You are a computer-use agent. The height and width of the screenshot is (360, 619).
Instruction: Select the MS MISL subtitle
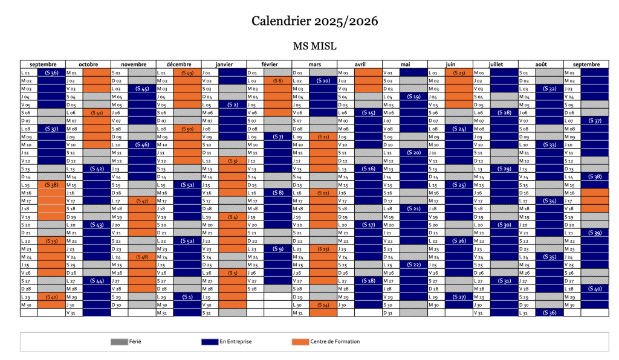click(314, 47)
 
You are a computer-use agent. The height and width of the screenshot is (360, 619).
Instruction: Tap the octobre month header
click(88, 64)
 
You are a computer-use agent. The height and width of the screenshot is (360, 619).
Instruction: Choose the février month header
click(269, 64)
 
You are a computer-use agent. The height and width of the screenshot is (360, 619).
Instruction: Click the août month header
click(541, 64)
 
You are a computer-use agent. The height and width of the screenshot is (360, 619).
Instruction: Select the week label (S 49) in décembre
click(187, 72)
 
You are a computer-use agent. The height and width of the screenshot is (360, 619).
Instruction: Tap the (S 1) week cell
click(187, 297)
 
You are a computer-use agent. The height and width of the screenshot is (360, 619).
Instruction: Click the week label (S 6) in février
click(278, 80)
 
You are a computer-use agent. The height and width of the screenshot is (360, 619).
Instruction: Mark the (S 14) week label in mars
click(323, 305)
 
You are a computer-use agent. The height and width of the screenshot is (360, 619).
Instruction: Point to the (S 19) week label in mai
click(414, 97)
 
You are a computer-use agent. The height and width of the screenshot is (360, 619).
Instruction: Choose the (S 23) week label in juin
click(459, 72)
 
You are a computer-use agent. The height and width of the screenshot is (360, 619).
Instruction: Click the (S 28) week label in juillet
click(504, 112)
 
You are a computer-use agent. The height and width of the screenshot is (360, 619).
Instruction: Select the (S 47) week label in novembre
click(142, 201)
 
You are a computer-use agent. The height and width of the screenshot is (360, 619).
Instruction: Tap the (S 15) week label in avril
click(368, 112)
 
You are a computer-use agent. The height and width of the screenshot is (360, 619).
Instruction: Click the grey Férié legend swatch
click(118, 342)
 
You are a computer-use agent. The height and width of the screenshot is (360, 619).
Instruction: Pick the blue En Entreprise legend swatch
click(209, 342)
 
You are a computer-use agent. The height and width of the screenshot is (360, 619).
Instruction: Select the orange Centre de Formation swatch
click(300, 342)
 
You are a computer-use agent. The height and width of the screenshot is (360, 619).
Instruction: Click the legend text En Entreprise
click(236, 342)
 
